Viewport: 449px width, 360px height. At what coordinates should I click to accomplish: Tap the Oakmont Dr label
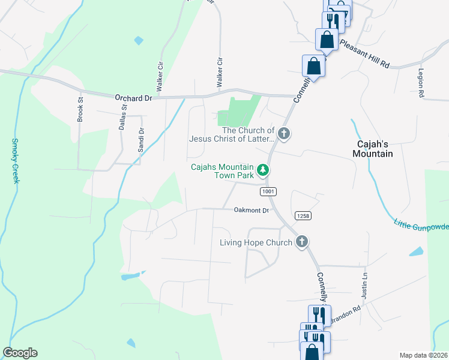[249, 210]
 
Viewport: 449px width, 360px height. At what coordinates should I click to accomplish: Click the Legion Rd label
[421, 82]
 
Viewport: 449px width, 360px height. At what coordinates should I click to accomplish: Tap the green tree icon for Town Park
[262, 171]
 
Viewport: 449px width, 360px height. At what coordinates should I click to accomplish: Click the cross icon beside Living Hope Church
[301, 242]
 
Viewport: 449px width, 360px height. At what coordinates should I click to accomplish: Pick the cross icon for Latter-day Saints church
[284, 134]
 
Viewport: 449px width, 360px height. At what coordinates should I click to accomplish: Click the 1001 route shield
[268, 191]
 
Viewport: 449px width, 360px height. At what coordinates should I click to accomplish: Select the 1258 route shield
[302, 215]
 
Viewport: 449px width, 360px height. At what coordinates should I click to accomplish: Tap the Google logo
[20, 353]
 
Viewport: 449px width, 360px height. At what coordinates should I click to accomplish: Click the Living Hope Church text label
[256, 242]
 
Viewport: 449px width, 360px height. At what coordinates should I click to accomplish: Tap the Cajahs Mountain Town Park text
[222, 171]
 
